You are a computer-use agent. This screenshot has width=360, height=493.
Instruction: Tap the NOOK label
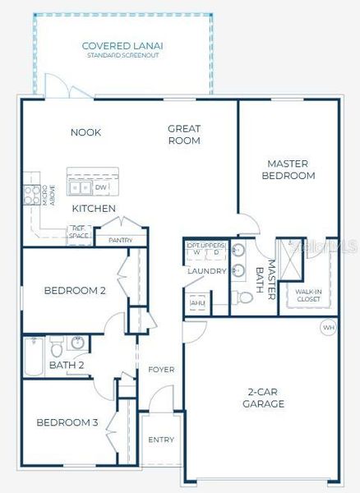tap(85, 132)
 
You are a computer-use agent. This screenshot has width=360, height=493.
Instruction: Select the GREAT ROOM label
tap(184, 134)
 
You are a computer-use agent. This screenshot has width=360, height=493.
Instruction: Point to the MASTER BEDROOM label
tap(288, 169)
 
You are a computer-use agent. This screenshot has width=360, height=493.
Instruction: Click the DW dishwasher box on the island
tap(100, 187)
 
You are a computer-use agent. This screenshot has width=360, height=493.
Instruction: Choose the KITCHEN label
tap(94, 209)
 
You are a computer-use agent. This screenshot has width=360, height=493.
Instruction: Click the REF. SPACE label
tap(80, 233)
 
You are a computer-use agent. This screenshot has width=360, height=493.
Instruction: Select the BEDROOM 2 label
tap(75, 290)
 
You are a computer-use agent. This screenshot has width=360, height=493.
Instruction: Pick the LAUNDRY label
tap(206, 270)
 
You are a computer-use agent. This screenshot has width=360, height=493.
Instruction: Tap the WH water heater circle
tap(329, 327)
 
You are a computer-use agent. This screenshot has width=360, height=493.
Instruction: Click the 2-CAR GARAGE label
tap(263, 397)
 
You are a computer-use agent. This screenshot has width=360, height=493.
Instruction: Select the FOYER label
tap(161, 370)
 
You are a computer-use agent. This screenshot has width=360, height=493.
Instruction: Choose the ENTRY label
tap(161, 440)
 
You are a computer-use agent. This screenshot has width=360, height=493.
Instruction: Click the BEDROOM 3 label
tap(67, 422)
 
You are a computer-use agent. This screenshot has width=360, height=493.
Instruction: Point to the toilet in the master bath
tap(245, 297)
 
